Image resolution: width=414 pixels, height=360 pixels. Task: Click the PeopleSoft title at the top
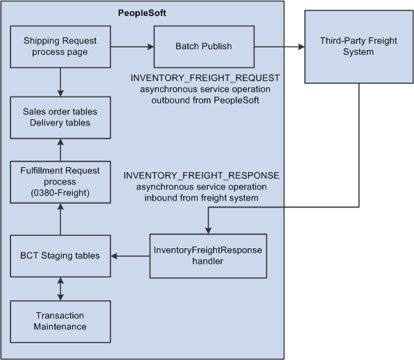[141, 13]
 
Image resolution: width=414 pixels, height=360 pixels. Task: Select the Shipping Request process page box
[60, 46]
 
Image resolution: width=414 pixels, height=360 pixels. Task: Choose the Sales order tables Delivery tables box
[60, 117]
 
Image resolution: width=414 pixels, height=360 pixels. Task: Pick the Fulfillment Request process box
[60, 182]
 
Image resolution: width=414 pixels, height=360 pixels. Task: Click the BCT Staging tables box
[60, 255]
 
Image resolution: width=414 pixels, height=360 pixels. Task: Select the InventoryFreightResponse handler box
[207, 256]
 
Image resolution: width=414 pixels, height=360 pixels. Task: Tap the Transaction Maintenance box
[60, 320]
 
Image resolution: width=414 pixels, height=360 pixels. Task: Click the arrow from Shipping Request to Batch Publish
[132, 46]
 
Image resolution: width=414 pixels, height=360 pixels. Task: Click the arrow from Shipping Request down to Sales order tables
[61, 81]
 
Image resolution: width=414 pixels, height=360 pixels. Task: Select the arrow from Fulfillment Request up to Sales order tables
[61, 149]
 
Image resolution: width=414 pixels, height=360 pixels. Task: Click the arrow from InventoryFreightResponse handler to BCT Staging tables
[130, 256]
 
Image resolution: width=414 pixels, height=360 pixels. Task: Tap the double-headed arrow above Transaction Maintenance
[61, 288]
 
